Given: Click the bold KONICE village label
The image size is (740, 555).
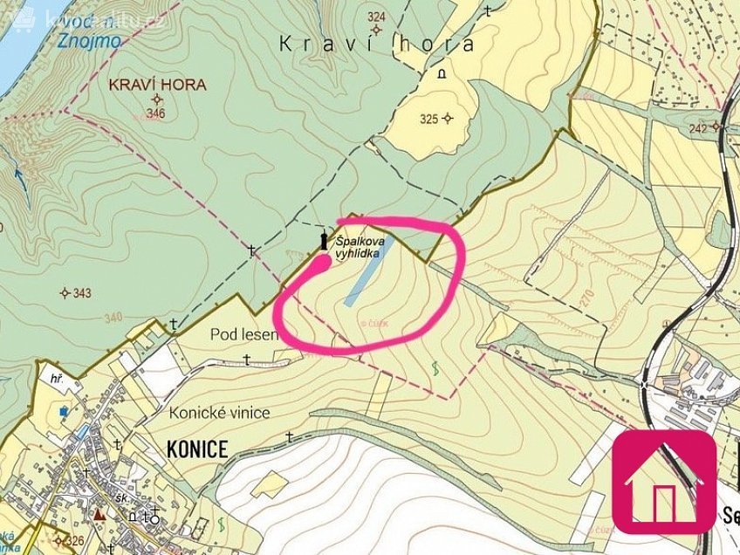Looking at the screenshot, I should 196,450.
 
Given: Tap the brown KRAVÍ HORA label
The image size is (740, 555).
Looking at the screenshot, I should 158,85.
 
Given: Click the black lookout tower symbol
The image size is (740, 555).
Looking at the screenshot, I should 324,240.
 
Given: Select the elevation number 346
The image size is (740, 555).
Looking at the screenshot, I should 156,113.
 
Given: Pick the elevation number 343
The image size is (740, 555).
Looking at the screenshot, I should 82,292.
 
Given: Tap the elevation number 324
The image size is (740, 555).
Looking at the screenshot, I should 376,17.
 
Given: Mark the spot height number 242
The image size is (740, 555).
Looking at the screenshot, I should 698,127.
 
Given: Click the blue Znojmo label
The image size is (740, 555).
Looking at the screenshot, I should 87,41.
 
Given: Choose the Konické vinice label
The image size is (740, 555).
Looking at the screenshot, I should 220,413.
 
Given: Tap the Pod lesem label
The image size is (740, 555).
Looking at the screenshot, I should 243,334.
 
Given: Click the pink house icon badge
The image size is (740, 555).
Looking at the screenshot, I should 664,481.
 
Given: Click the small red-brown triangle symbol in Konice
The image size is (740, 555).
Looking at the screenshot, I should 99,515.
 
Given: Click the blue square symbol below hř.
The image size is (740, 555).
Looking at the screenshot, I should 63,410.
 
